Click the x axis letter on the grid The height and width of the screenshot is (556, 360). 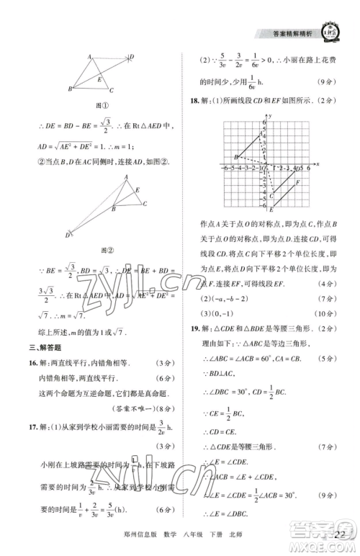click(x=318, y=165)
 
